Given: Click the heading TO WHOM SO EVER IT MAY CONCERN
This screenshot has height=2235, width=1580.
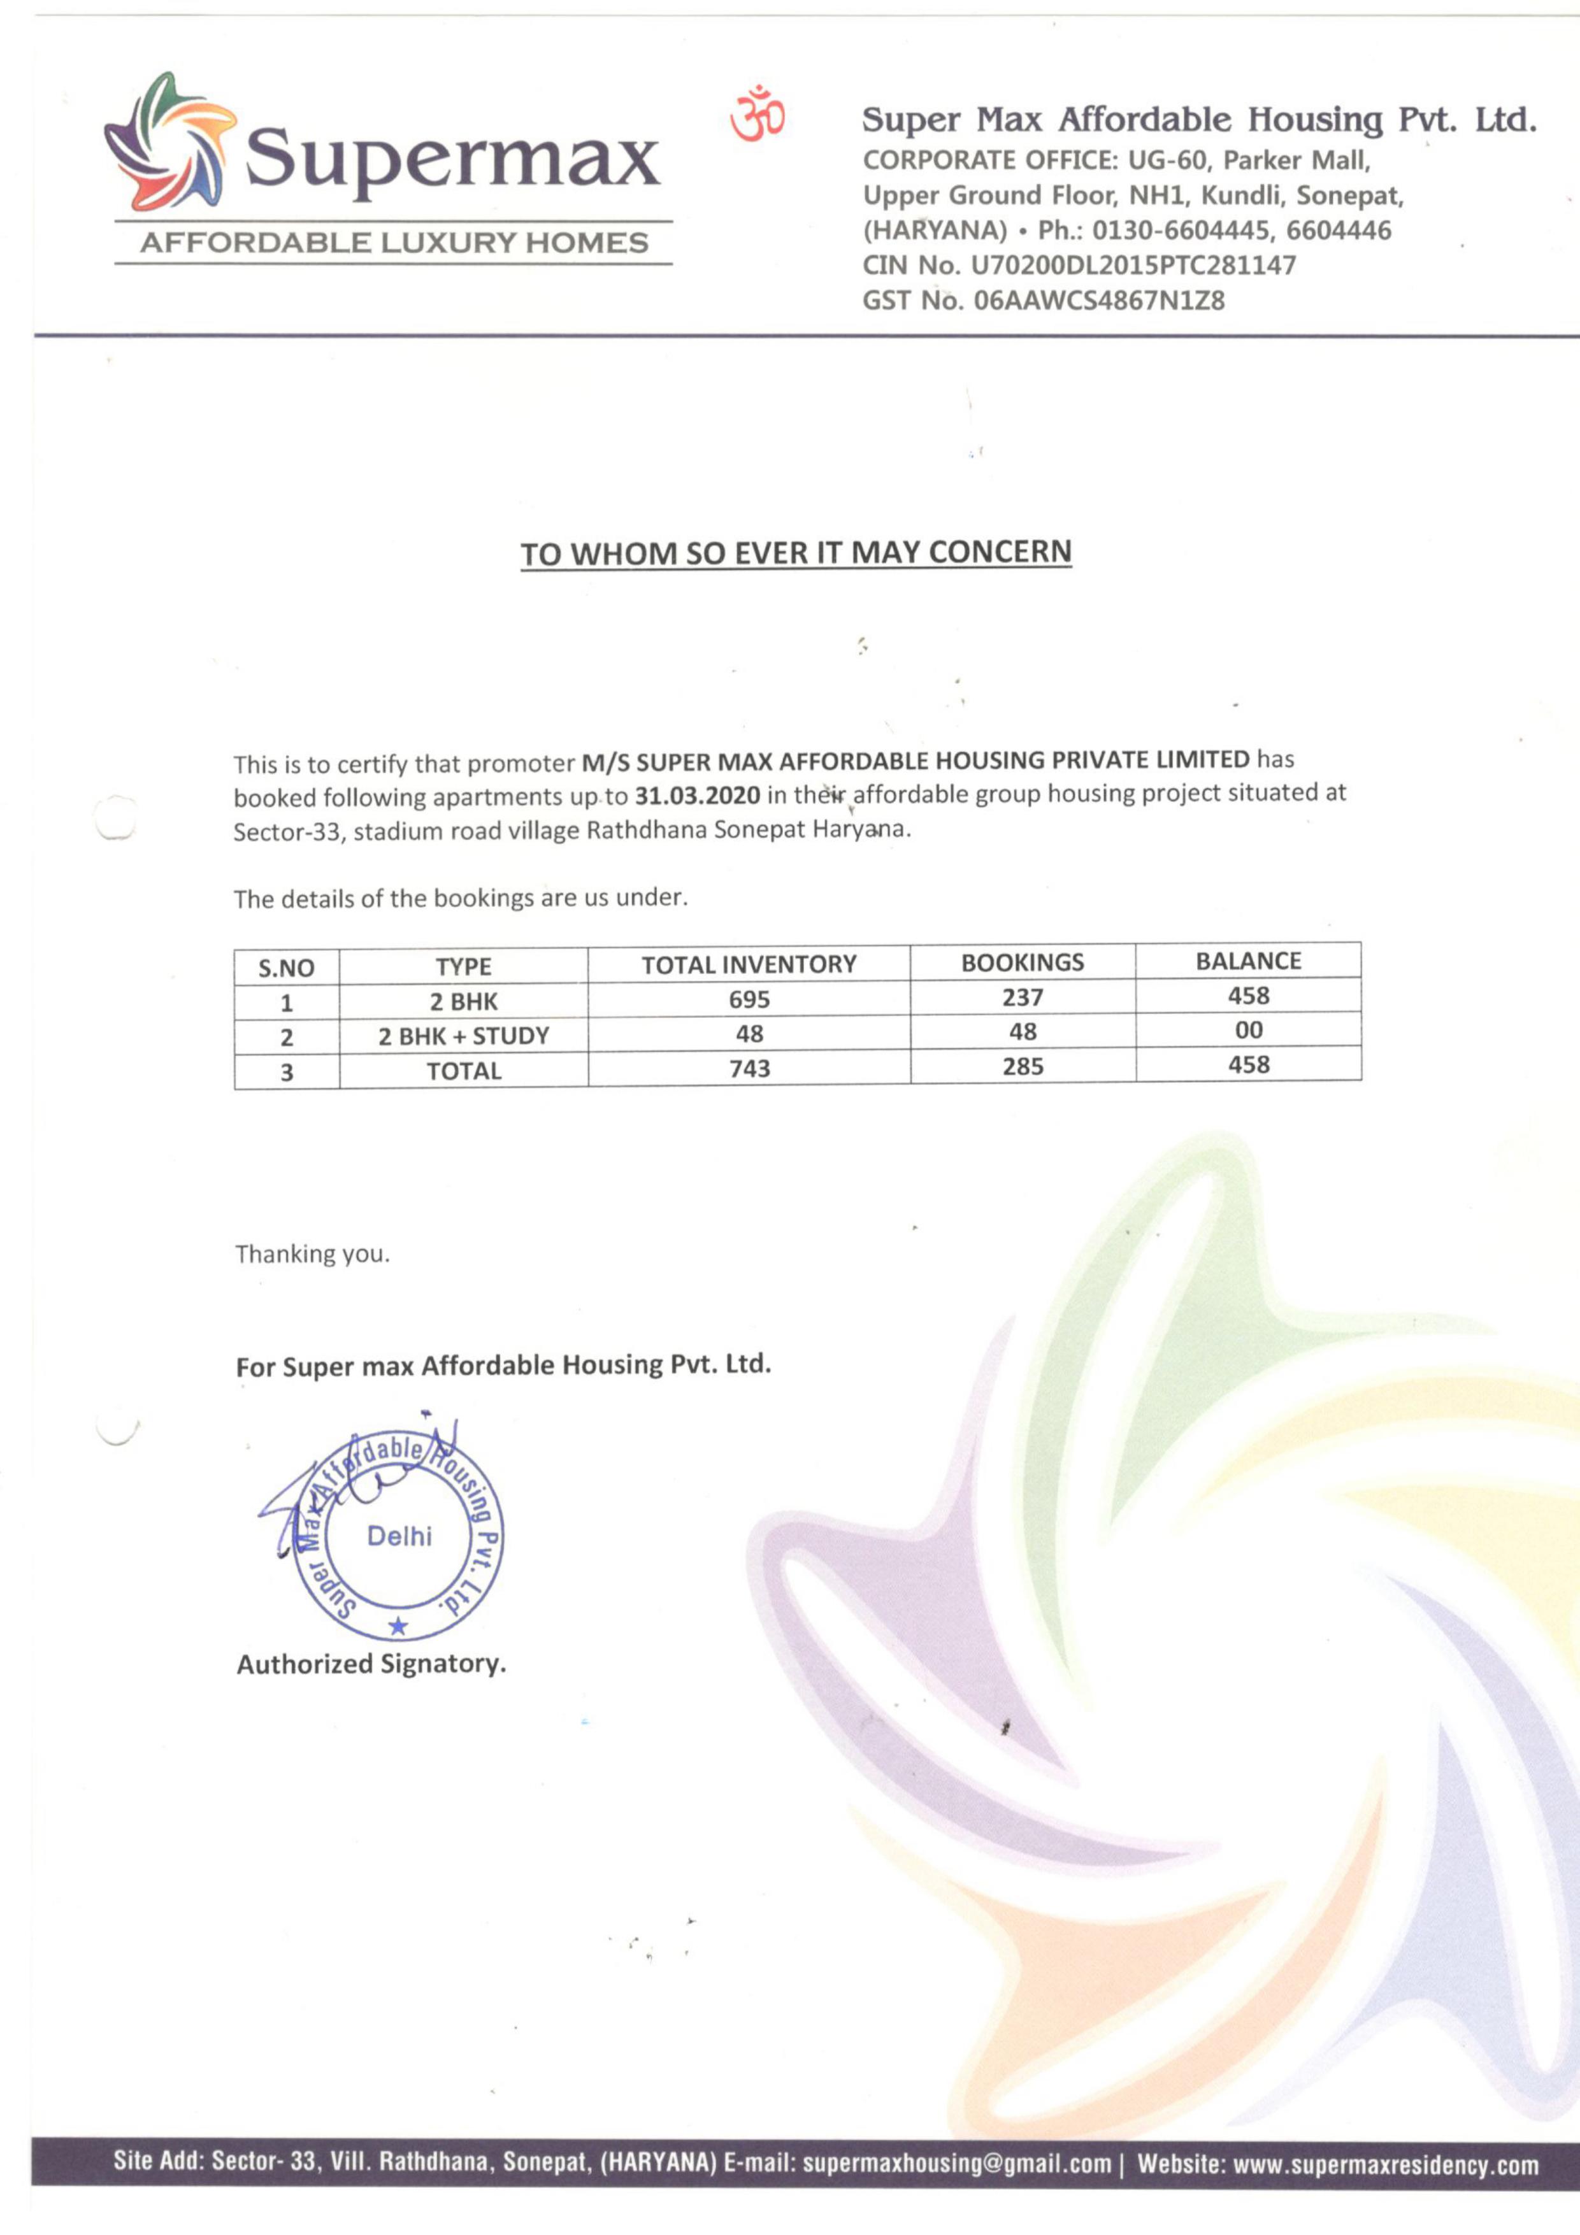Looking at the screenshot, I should [795, 553].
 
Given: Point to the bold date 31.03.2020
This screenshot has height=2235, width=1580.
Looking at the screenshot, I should [697, 796].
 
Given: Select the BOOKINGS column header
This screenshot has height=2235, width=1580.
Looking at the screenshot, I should [1022, 962].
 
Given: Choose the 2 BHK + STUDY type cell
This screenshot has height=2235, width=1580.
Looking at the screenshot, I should [463, 1036].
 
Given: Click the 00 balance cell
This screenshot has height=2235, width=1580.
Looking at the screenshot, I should [1248, 1030].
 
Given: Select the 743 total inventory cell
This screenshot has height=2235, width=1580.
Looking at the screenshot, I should [749, 1068].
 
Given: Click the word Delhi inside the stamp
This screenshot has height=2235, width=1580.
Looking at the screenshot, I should [399, 1536].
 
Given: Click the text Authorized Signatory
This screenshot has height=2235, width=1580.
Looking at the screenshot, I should [371, 1664].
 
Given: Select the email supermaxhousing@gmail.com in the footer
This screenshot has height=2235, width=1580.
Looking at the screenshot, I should [956, 2164].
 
